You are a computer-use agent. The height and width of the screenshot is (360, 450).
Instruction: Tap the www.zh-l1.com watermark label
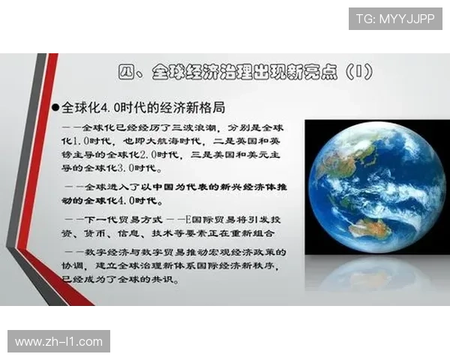pyautogui.click(x=59, y=342)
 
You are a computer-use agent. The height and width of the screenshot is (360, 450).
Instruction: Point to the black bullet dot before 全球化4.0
pyautogui.click(x=55, y=108)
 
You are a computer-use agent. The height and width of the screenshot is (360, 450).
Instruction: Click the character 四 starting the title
pyautogui.click(x=126, y=73)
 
